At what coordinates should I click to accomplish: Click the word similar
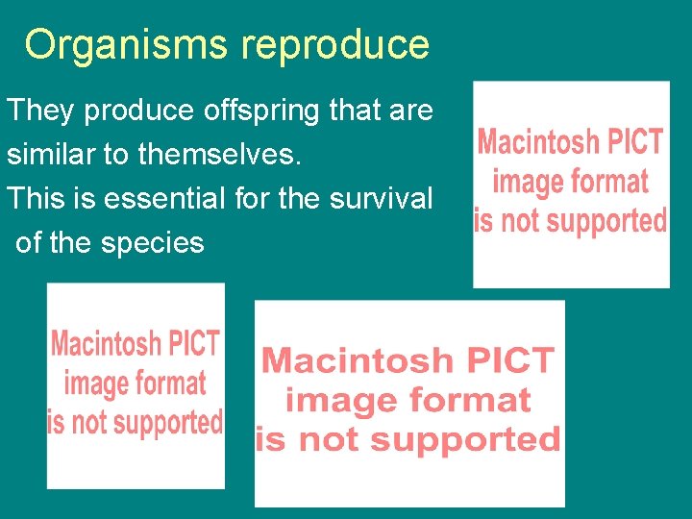pyautogui.click(x=50, y=154)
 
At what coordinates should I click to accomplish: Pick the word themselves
pyautogui.click(x=223, y=154)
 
